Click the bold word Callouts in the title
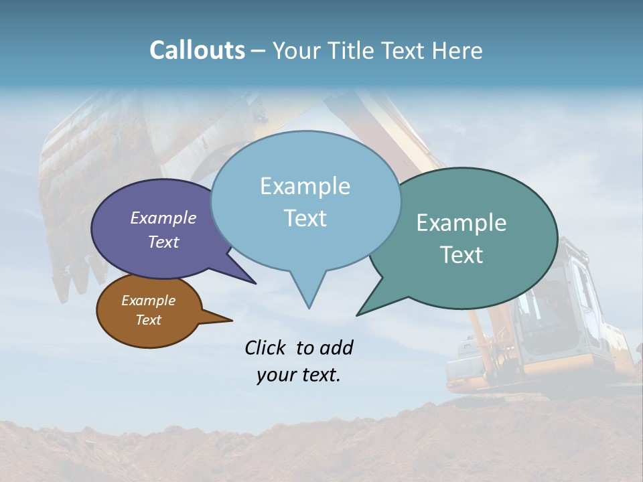click(197, 50)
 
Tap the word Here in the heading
click(457, 50)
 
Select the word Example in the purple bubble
click(163, 218)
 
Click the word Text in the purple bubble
click(163, 242)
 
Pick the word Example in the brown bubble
click(148, 301)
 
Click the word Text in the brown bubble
click(148, 320)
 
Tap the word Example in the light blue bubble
click(305, 186)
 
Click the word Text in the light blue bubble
click(305, 218)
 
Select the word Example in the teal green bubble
click(461, 223)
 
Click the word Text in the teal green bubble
click(461, 255)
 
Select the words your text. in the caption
click(299, 375)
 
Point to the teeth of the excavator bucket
click(74, 281)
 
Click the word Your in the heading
click(295, 50)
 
